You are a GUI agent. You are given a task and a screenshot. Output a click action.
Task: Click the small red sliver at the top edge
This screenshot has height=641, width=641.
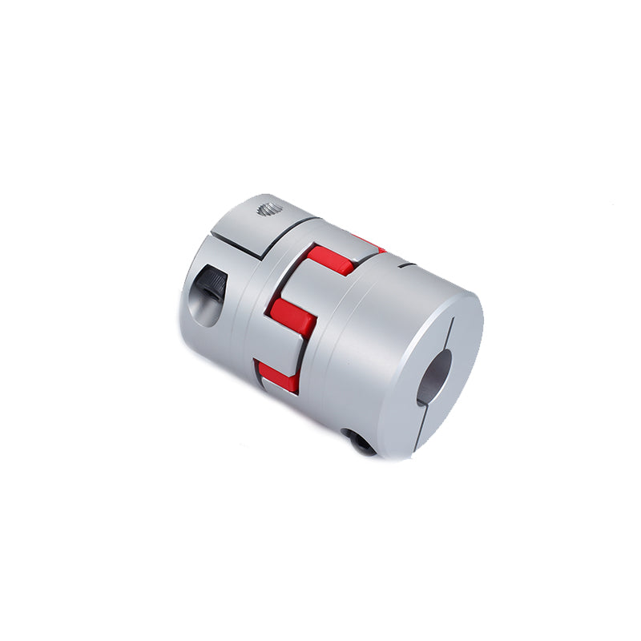click(370, 242)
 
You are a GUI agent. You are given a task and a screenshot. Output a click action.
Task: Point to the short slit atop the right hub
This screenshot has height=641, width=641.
click(406, 263)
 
